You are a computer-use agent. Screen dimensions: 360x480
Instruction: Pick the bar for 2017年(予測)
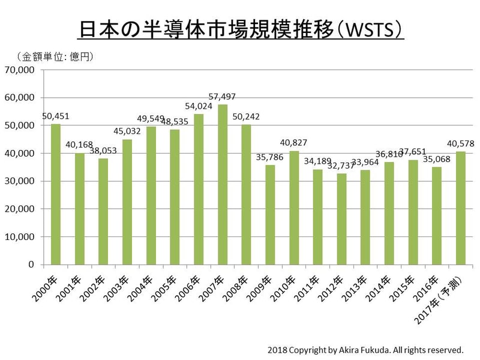coord(461,208)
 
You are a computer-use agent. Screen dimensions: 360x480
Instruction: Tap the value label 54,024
coord(198,106)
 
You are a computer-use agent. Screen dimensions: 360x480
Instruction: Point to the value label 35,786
coord(269,158)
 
